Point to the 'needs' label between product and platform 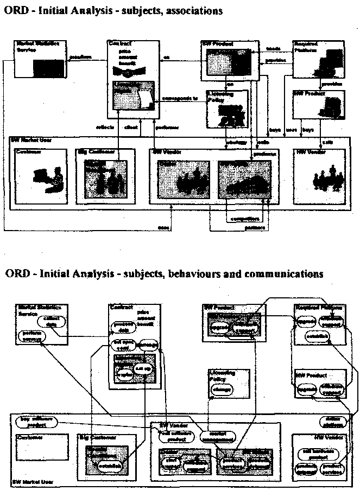(273, 49)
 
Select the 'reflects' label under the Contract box (103, 127)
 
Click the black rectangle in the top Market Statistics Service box (48, 69)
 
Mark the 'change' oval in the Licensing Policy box (223, 390)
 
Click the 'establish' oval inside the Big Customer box (106, 466)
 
